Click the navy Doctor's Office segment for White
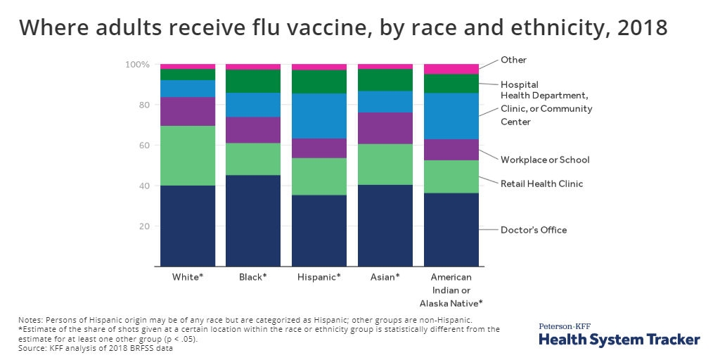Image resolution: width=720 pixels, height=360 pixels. pos(188,226)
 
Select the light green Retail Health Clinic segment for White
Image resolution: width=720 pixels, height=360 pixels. pos(188,155)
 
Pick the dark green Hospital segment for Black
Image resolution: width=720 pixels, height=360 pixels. pos(253,81)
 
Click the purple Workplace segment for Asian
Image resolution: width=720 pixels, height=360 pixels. pos(385,128)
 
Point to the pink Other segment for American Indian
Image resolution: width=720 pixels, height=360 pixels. pos(451,69)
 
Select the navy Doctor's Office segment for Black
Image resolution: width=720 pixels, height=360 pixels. pos(253,221)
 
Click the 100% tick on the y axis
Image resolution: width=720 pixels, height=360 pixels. pos(137,65)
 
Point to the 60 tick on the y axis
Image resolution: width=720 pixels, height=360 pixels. pos(143,146)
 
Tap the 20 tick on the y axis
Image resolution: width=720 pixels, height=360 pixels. pos(143,226)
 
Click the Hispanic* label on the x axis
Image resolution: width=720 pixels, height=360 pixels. pos(319,277)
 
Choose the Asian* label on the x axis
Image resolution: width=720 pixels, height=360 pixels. pos(385,277)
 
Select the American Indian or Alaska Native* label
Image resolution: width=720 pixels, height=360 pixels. pos(451,290)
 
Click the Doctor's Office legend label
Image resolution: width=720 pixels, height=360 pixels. pos(533,230)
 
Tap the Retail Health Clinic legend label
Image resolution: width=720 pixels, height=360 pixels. pos(541,184)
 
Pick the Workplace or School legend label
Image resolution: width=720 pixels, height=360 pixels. pos(545,160)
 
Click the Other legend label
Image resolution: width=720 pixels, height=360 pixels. pos(513,60)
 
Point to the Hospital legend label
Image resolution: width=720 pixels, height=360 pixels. pos(519,84)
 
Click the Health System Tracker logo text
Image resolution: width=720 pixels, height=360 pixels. pos(619,340)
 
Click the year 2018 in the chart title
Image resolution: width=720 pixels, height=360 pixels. pos(642,27)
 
